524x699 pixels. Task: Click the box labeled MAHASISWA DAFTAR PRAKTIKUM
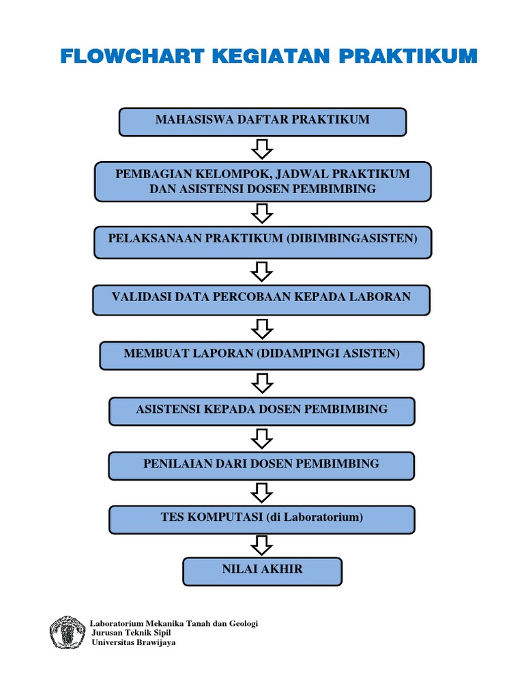point(262,122)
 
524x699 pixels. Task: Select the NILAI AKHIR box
point(262,571)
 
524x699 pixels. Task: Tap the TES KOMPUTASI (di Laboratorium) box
point(262,519)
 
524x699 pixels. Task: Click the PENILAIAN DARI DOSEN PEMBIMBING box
point(262,466)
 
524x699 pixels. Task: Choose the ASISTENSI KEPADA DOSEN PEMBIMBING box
point(262,411)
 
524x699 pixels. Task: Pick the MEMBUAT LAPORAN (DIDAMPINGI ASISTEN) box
point(262,355)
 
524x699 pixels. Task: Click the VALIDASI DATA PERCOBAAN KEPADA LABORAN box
point(262,300)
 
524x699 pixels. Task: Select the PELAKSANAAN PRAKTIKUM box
point(262,242)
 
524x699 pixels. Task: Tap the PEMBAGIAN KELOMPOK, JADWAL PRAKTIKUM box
point(262,182)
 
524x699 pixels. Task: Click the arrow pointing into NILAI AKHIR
point(262,545)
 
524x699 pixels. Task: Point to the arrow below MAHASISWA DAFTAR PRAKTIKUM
point(262,148)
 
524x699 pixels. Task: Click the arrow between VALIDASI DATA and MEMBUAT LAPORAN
point(262,328)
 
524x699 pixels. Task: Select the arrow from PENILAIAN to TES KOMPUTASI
point(262,491)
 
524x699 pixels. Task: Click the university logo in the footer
point(67,633)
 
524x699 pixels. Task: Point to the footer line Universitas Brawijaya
point(134,643)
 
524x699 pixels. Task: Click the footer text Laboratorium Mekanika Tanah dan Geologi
point(174,624)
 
